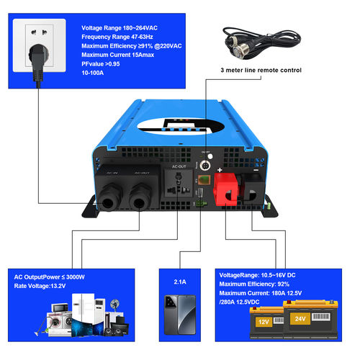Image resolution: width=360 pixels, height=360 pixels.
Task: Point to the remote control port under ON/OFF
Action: pyautogui.click(x=204, y=165)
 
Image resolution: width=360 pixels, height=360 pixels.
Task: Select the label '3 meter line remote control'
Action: pyautogui.click(x=261, y=70)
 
